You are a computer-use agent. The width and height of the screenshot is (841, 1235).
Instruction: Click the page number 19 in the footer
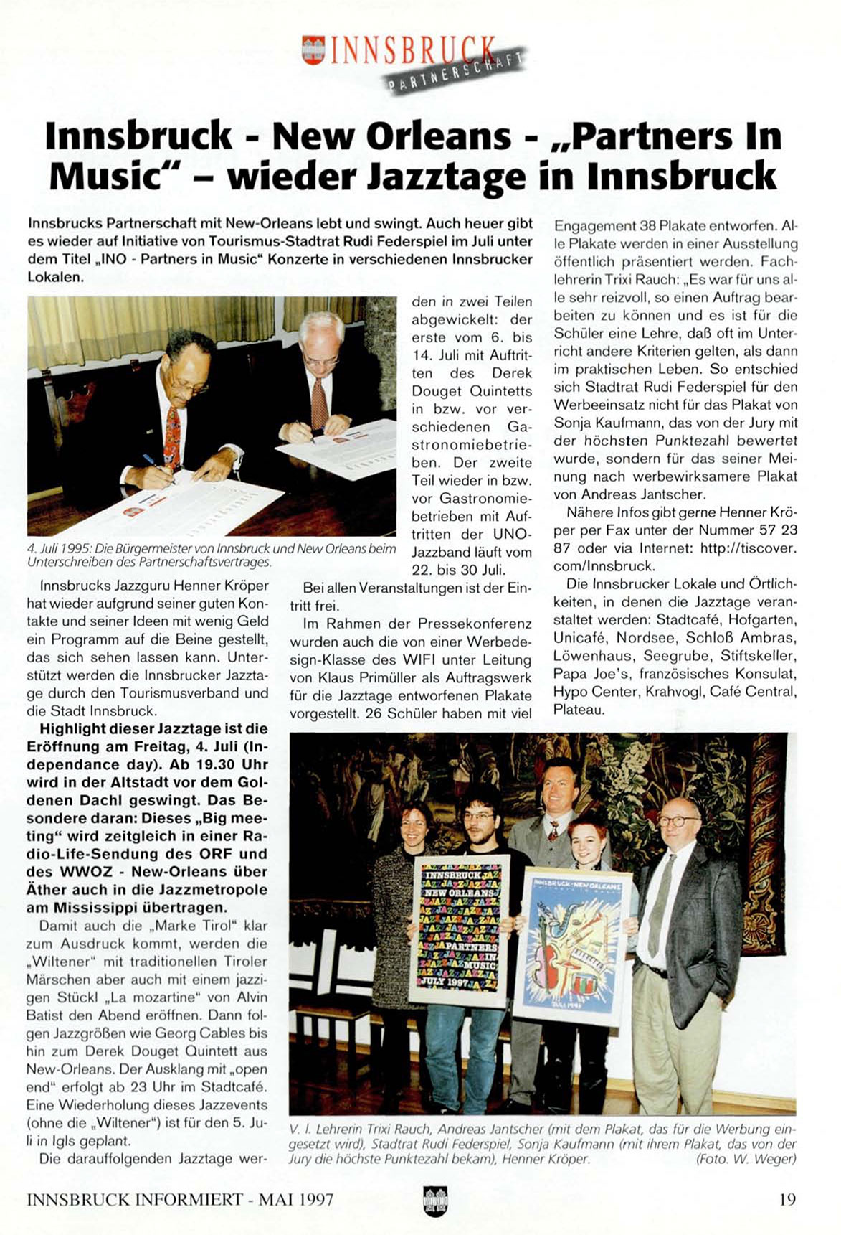[x=787, y=1199]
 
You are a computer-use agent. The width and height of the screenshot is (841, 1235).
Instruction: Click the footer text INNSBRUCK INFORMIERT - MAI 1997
[x=179, y=1199]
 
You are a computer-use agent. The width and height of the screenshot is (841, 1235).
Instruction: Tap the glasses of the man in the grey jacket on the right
[x=678, y=820]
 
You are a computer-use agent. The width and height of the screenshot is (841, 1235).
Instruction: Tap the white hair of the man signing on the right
[x=322, y=324]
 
